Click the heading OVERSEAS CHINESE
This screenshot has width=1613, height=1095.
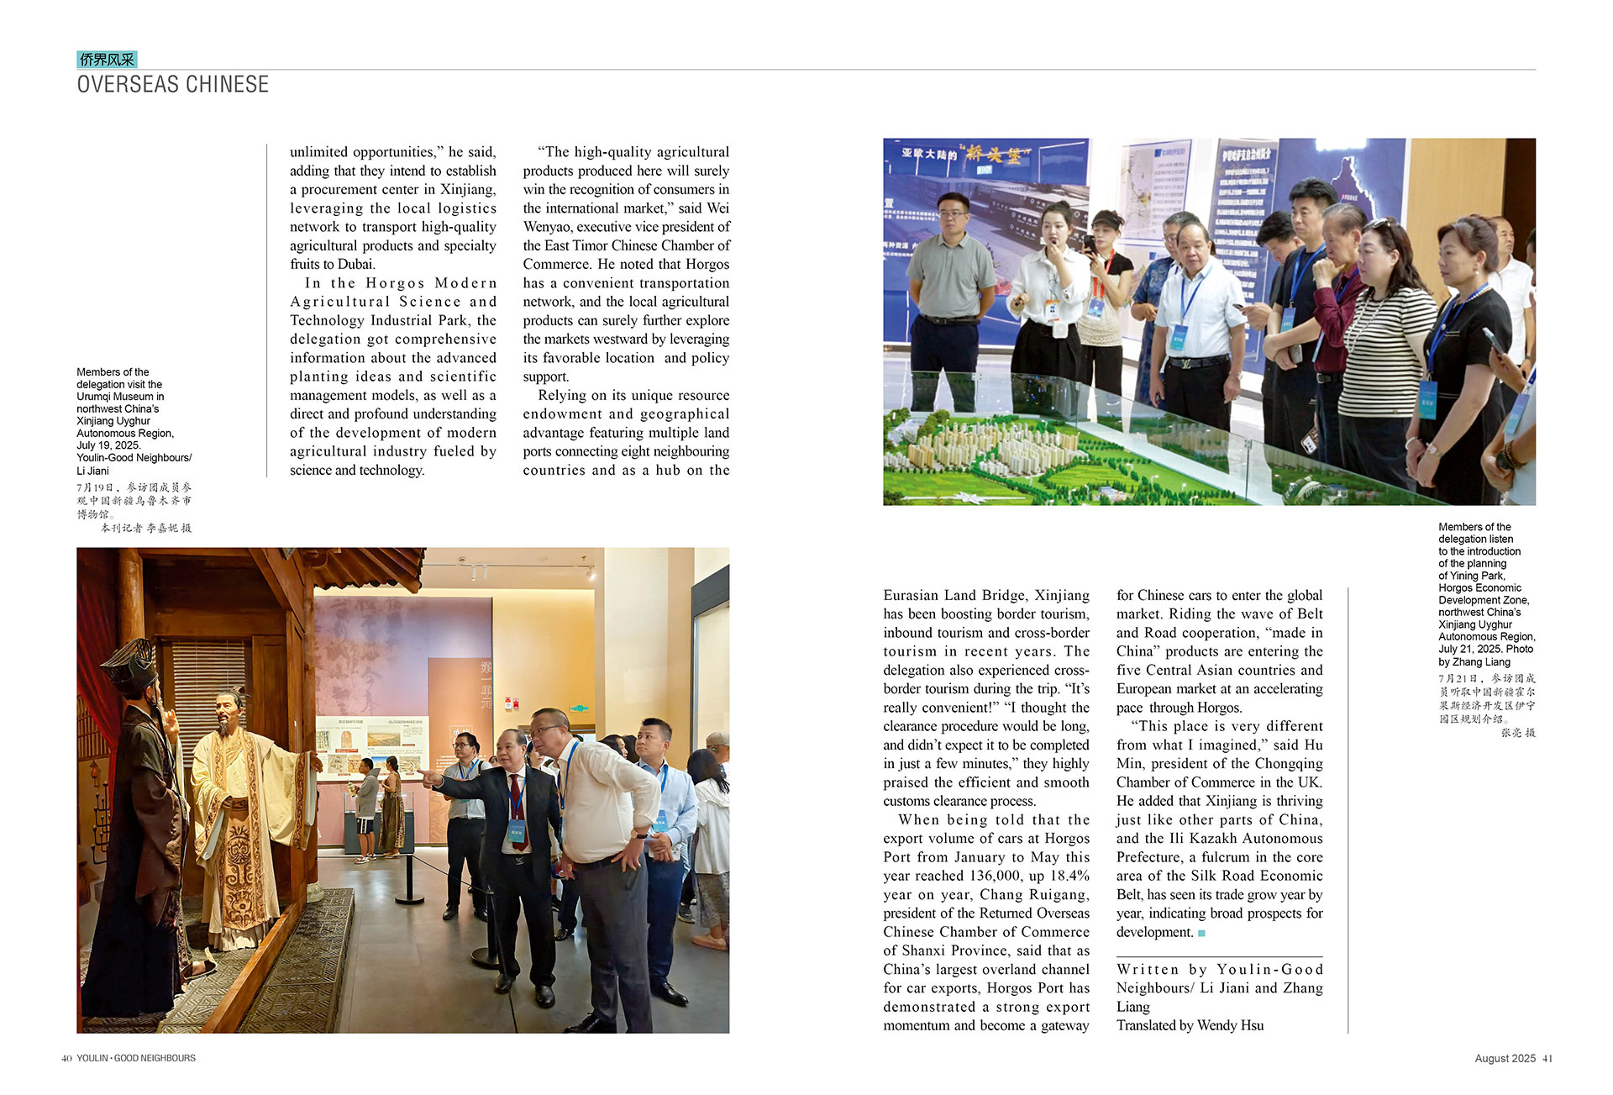pyautogui.click(x=173, y=85)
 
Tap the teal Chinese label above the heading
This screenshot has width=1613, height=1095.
pyautogui.click(x=107, y=60)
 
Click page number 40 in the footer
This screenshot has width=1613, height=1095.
pyautogui.click(x=66, y=1059)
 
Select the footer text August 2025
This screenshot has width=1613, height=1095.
pyautogui.click(x=1505, y=1059)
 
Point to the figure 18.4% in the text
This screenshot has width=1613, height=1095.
pyautogui.click(x=1069, y=876)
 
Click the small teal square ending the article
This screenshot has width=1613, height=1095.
pyautogui.click(x=1202, y=933)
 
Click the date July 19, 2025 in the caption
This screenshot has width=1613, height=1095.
pyautogui.click(x=108, y=445)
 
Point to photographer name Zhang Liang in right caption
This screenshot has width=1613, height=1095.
pyautogui.click(x=1481, y=662)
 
